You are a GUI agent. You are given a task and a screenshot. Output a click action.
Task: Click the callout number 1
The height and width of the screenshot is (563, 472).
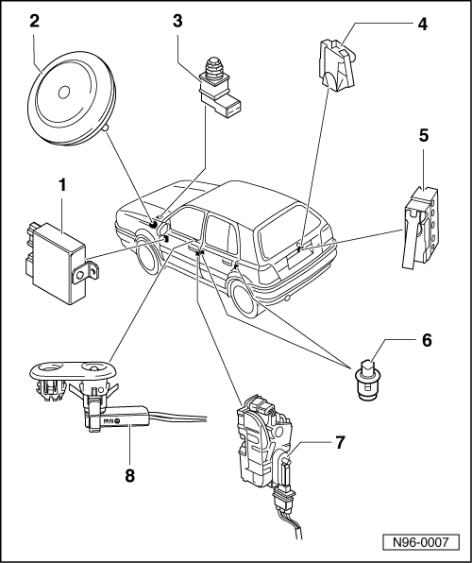click(x=62, y=186)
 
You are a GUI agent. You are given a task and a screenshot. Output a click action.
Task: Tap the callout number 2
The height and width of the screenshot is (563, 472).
click(x=35, y=21)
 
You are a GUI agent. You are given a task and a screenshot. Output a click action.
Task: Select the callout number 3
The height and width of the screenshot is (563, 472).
click(x=177, y=21)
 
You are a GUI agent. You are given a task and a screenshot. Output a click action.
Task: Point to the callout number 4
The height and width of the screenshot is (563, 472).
click(x=423, y=25)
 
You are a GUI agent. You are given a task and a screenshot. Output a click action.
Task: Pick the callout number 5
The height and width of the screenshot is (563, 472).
click(x=424, y=136)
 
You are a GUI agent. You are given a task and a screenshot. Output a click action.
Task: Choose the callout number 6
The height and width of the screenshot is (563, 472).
click(x=427, y=340)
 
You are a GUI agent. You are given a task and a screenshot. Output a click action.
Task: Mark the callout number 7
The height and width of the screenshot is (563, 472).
click(x=340, y=442)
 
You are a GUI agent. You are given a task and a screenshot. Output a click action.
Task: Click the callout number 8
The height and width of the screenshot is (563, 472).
click(x=129, y=476)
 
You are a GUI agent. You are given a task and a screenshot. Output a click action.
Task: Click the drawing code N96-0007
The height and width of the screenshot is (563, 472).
click(x=421, y=542)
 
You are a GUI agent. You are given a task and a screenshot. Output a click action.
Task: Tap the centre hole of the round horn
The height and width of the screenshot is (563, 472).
click(x=64, y=93)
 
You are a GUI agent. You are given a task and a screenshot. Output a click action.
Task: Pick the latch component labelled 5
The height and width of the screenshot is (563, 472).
click(x=419, y=228)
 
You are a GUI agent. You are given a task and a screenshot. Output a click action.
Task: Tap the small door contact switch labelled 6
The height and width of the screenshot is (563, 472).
click(x=367, y=379)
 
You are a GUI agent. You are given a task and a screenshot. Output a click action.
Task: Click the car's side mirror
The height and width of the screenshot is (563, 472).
click(x=162, y=230)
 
